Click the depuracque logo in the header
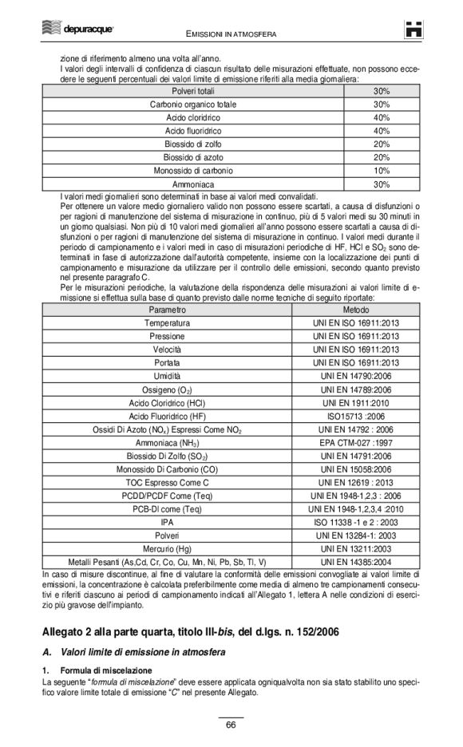click(x=77, y=30)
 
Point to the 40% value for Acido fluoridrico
click(x=381, y=131)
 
